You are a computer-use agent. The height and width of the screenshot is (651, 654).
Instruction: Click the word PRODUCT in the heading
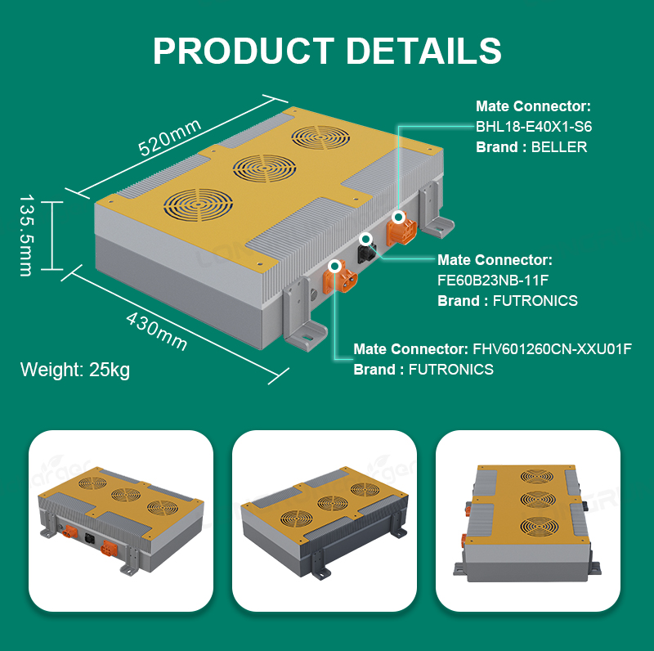[x=244, y=51]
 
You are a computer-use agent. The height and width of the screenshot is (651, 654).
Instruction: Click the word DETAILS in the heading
[x=423, y=51]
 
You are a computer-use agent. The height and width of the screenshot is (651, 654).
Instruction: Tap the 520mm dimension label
[x=170, y=137]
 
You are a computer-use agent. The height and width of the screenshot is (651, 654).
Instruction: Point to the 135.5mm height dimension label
[x=26, y=235]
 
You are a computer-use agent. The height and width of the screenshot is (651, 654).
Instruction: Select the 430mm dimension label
[x=156, y=331]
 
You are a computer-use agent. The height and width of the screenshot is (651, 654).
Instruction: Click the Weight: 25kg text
[x=75, y=370]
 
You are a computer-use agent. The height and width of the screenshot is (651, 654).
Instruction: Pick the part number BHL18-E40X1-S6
[x=534, y=127]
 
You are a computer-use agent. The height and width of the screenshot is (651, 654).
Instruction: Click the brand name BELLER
[x=559, y=147]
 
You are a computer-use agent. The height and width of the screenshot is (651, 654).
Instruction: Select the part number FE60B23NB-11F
[x=493, y=280]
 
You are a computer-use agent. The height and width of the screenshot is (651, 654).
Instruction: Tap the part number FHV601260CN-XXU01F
[x=552, y=349]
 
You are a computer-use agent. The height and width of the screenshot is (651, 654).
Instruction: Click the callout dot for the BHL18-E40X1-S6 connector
[x=399, y=217]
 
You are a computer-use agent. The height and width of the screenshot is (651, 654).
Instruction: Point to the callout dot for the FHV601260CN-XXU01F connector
[x=334, y=266]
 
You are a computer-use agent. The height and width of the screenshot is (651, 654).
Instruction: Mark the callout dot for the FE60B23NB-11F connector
[x=366, y=239]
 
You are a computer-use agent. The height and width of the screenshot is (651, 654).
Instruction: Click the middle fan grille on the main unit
[x=264, y=168]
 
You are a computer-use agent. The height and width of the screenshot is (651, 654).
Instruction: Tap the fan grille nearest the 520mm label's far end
[x=320, y=137]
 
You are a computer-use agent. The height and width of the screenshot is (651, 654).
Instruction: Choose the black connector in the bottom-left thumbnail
[x=89, y=538]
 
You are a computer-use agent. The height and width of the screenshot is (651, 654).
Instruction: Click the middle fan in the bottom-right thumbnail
[x=539, y=499]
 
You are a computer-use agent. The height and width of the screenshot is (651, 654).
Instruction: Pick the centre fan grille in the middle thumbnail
[x=333, y=503]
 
